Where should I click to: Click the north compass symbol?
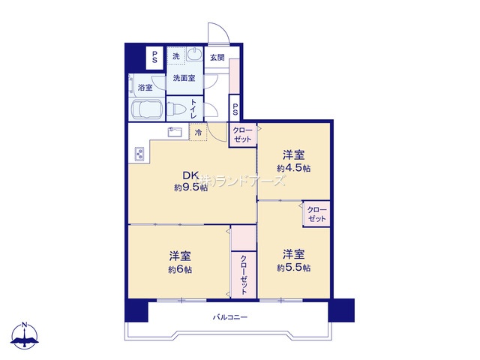pyautogui.click(x=25, y=336)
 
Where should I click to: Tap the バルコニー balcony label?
pyautogui.click(x=230, y=317)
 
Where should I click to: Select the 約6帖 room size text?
pyautogui.click(x=180, y=270)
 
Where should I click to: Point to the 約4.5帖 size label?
pyautogui.click(x=293, y=168)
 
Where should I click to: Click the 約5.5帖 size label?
pyautogui.click(x=293, y=268)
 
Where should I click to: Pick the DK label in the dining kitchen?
pyautogui.click(x=191, y=175)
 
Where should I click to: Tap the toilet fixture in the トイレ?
pyautogui.click(x=177, y=109)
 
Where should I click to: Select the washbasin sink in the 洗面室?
pyautogui.click(x=194, y=55)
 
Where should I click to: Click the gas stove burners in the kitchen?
pyautogui.click(x=139, y=154)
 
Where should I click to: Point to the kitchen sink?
pyautogui.click(x=175, y=132)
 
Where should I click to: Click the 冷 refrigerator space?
pyautogui.click(x=198, y=132)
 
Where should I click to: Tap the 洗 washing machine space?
pyautogui.click(x=176, y=56)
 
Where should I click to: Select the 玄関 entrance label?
pyautogui.click(x=217, y=57)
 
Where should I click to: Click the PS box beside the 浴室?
pyautogui.click(x=155, y=57)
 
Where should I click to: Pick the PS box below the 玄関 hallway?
pyautogui.click(x=235, y=108)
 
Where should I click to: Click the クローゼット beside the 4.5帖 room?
pyautogui.click(x=243, y=135)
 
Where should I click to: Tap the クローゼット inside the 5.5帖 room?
pyautogui.click(x=316, y=214)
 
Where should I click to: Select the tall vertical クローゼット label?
pyautogui.click(x=244, y=275)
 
